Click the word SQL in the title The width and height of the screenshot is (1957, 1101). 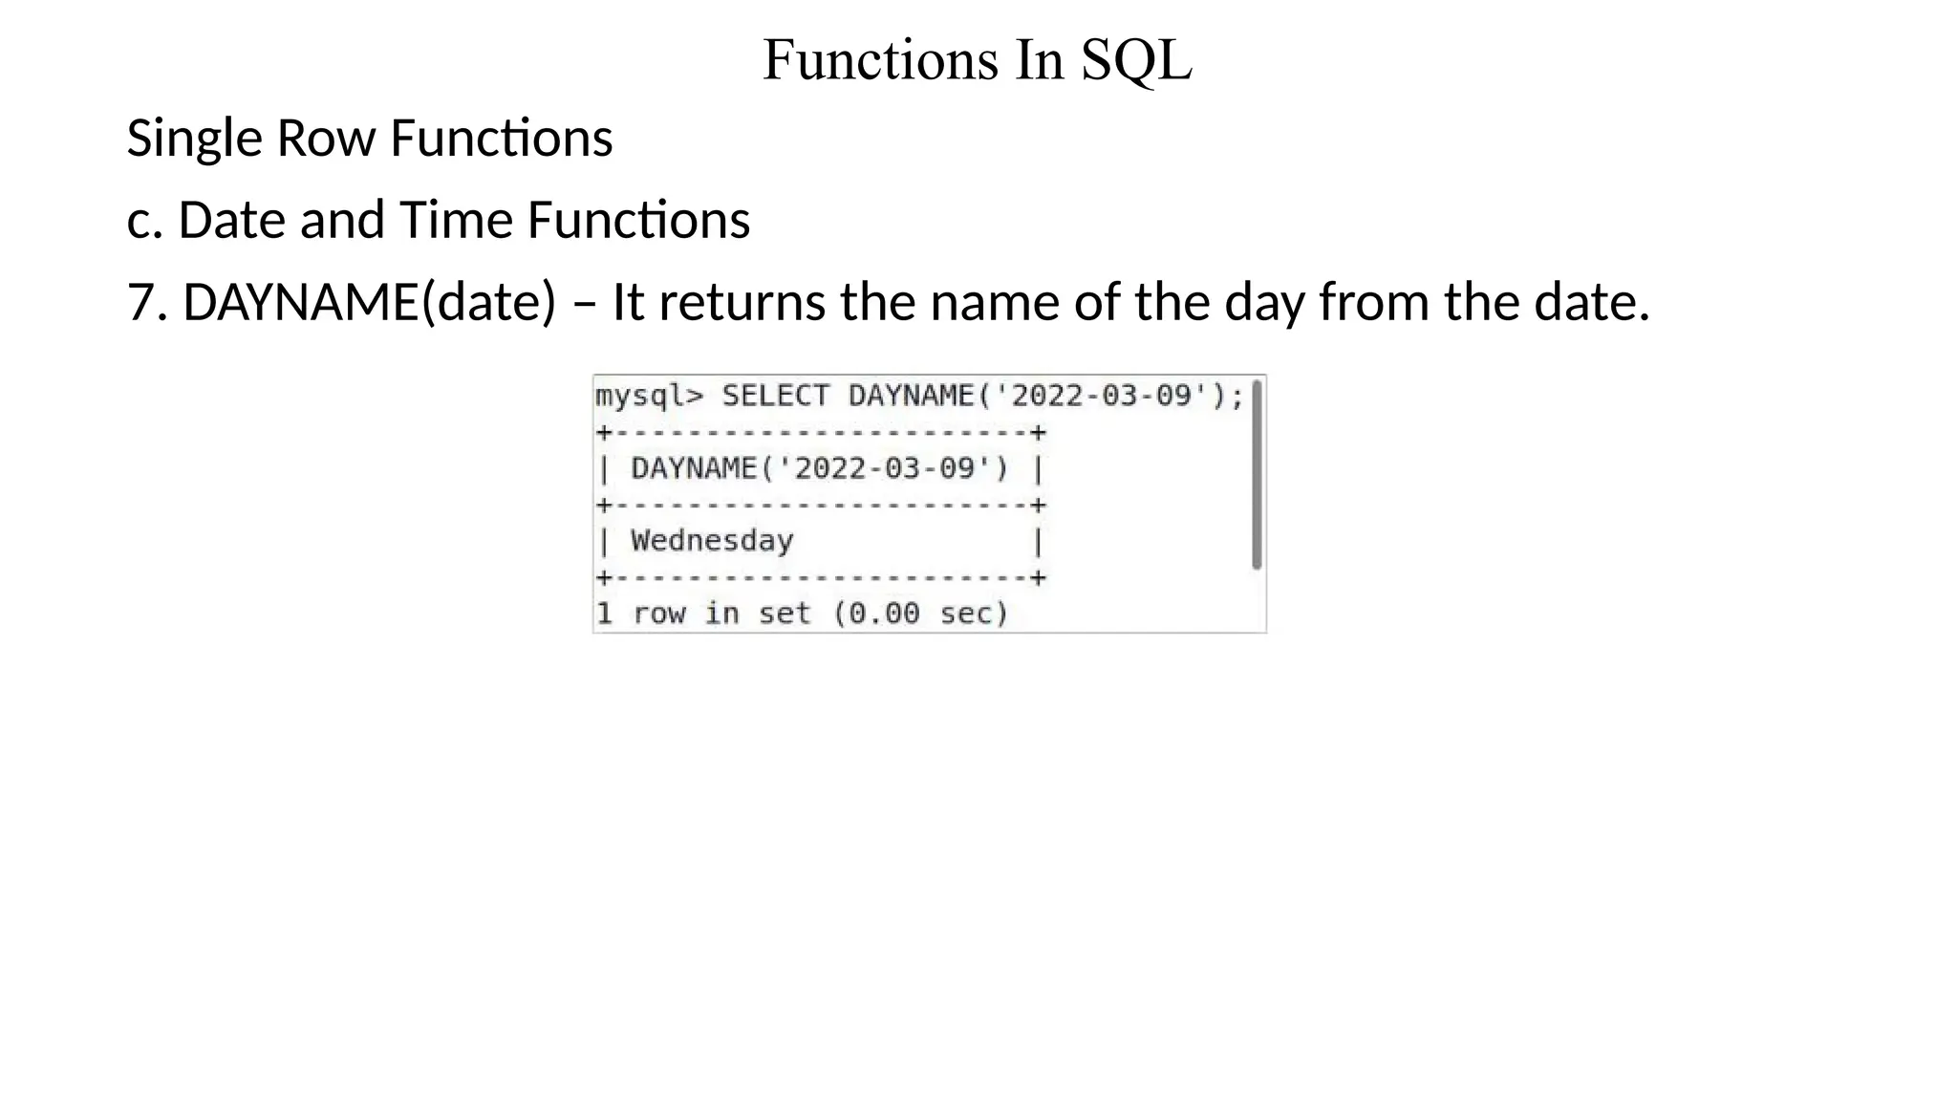tap(1136, 60)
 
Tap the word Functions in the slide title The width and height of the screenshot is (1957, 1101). tap(880, 60)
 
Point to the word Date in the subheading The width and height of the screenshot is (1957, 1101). tap(232, 221)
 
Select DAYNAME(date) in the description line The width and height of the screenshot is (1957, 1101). tap(369, 303)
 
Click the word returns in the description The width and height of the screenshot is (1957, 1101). tap(742, 303)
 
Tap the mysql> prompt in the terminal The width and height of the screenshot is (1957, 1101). tap(649, 396)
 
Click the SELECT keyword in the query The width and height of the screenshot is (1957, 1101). tap(775, 396)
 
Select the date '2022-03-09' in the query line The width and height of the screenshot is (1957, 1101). tap(1102, 396)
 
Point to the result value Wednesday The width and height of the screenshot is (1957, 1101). tap(712, 541)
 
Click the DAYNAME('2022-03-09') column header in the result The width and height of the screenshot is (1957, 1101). tap(819, 468)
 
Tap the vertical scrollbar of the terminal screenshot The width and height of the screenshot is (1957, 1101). tap(1257, 474)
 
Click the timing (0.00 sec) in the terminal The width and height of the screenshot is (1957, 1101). tap(920, 614)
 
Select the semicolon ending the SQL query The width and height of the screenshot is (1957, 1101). tap(1238, 396)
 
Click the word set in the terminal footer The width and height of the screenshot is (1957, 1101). tap(784, 614)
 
